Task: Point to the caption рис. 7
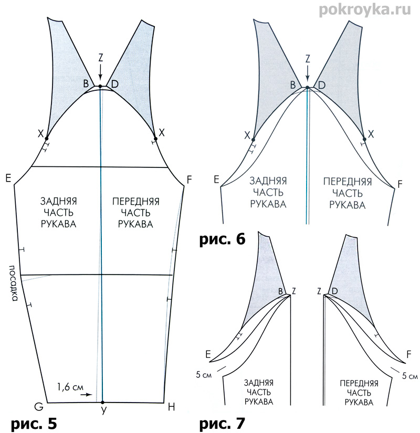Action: [x=222, y=423]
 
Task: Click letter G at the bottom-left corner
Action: [x=38, y=407]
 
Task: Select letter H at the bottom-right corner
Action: [x=171, y=407]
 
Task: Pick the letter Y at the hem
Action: [x=103, y=411]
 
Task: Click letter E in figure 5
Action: [x=8, y=177]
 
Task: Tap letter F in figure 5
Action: [x=189, y=179]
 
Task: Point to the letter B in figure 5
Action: [x=86, y=83]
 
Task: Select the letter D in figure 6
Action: [x=321, y=84]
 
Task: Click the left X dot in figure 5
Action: [x=47, y=138]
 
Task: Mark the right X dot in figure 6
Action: [x=365, y=140]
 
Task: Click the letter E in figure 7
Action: [x=208, y=355]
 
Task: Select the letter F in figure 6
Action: [x=401, y=184]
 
